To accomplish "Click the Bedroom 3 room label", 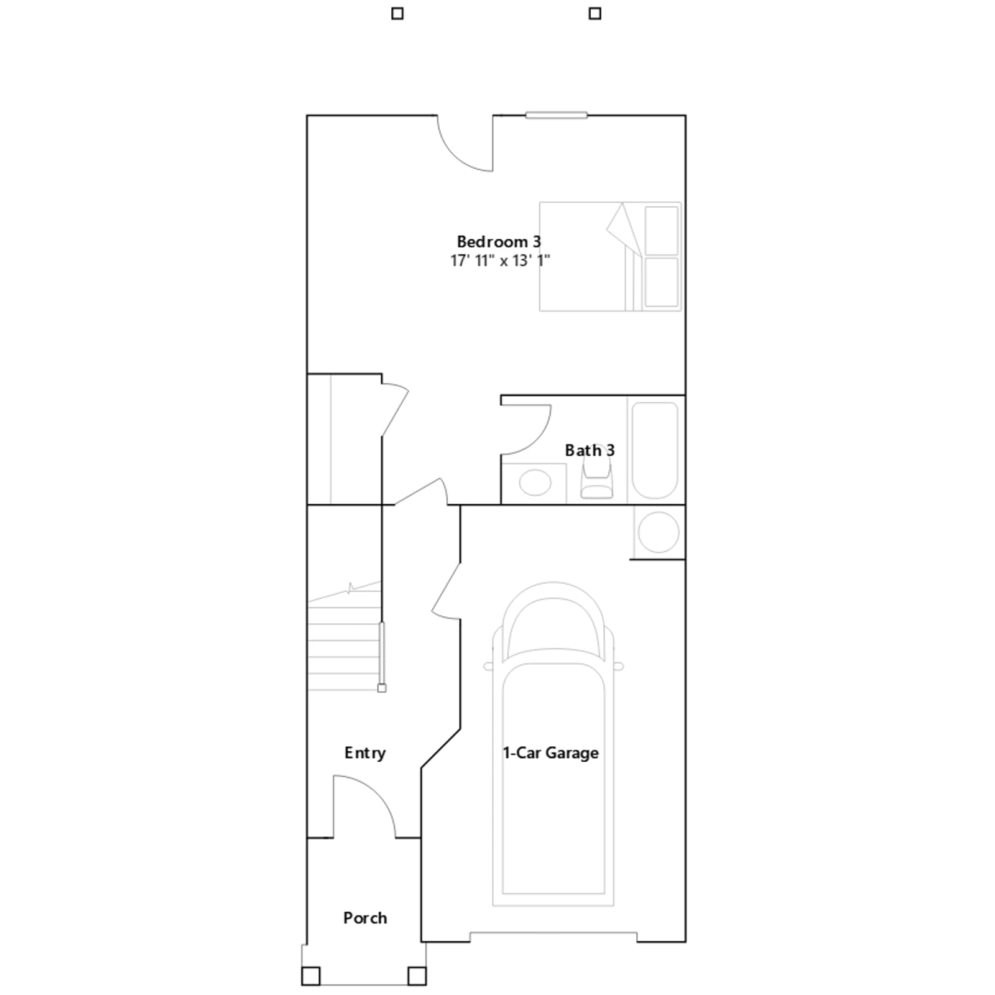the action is pos(499,241).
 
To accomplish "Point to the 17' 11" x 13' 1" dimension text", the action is pos(500,261).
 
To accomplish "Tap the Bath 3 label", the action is pos(590,450).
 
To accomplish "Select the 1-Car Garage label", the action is pos(550,753).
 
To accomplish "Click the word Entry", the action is pos(365,753).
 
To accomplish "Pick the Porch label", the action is pos(365,918).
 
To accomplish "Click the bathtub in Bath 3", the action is pos(655,450).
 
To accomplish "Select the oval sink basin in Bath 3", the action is pos(535,483).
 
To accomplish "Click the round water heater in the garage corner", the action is pos(659,532).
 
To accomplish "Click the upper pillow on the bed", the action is pos(662,230).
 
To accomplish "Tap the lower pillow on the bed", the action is pos(662,282).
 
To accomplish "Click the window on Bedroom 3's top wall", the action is pos(556,115).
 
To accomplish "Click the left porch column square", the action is pos(311,976).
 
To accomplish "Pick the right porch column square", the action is pos(417,976).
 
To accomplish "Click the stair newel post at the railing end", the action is pos(382,688).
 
